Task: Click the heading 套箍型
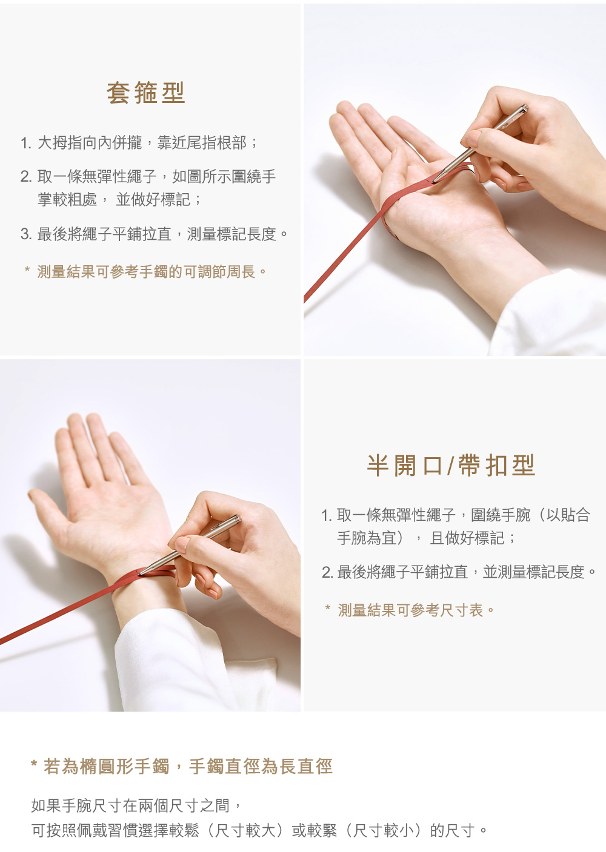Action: (145, 93)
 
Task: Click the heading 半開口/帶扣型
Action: (451, 465)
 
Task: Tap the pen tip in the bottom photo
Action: (140, 573)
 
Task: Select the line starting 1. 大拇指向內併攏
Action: (139, 143)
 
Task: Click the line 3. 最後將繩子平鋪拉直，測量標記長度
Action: (154, 234)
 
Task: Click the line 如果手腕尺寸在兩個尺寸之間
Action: (136, 805)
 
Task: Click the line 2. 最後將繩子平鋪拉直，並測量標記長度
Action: (458, 572)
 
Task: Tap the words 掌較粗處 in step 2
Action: (67, 199)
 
